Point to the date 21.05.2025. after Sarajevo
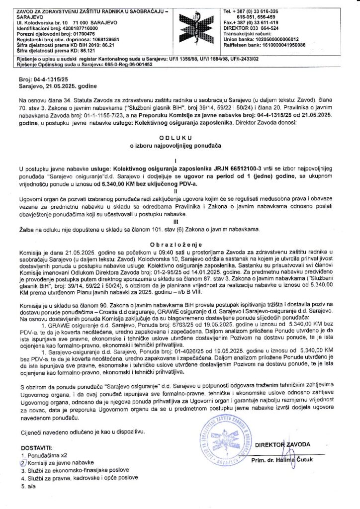coord(61,86)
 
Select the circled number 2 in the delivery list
coord(22,462)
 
